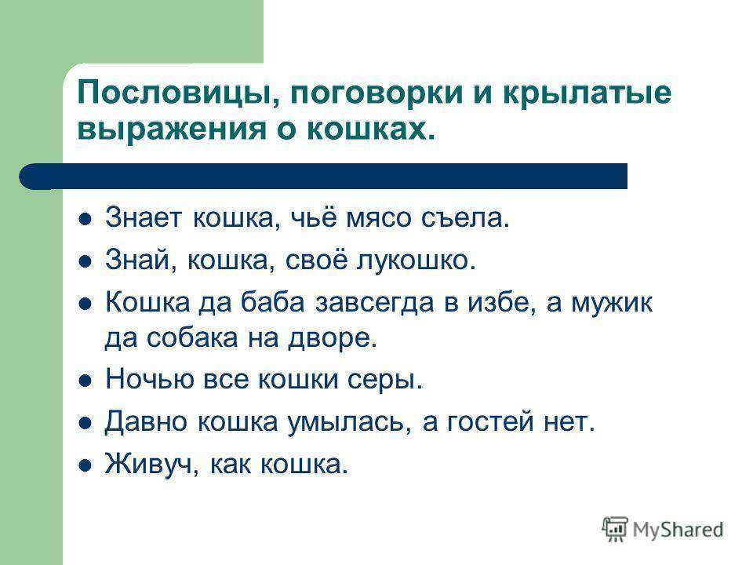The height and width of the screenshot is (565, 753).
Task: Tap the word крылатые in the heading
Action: pos(587,93)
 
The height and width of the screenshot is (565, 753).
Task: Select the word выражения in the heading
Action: pos(172,129)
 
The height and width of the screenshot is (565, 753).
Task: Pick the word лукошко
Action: pos(416,261)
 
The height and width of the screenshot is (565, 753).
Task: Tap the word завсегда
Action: pos(375,303)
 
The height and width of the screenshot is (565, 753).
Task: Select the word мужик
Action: pos(612,303)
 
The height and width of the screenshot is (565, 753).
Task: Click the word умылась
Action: pos(349,422)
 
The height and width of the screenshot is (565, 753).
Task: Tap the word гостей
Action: pos(490,422)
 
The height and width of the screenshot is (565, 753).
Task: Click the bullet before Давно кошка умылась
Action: pos(85,423)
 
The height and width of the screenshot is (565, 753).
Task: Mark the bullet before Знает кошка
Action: pos(85,220)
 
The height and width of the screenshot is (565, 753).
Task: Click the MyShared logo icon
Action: pos(615,529)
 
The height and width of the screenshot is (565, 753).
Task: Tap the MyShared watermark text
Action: pos(678,530)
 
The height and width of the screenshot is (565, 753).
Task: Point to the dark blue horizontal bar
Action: pos(323,176)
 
